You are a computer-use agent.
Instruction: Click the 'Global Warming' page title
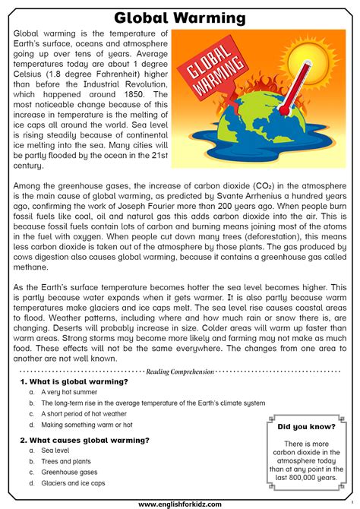pos(179,17)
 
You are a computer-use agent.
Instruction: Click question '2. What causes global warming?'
pos(84,440)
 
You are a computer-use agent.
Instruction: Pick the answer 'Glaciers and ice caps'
pos(73,483)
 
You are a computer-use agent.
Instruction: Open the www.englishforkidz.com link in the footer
pos(179,503)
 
